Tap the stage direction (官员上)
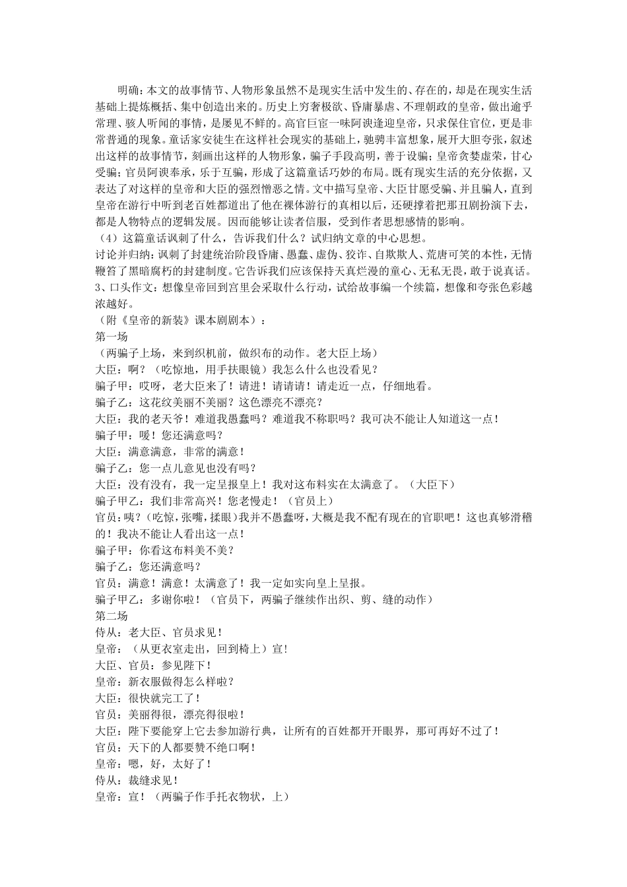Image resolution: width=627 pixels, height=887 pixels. [313, 501]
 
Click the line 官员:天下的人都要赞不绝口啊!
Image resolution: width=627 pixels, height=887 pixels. [175, 747]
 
